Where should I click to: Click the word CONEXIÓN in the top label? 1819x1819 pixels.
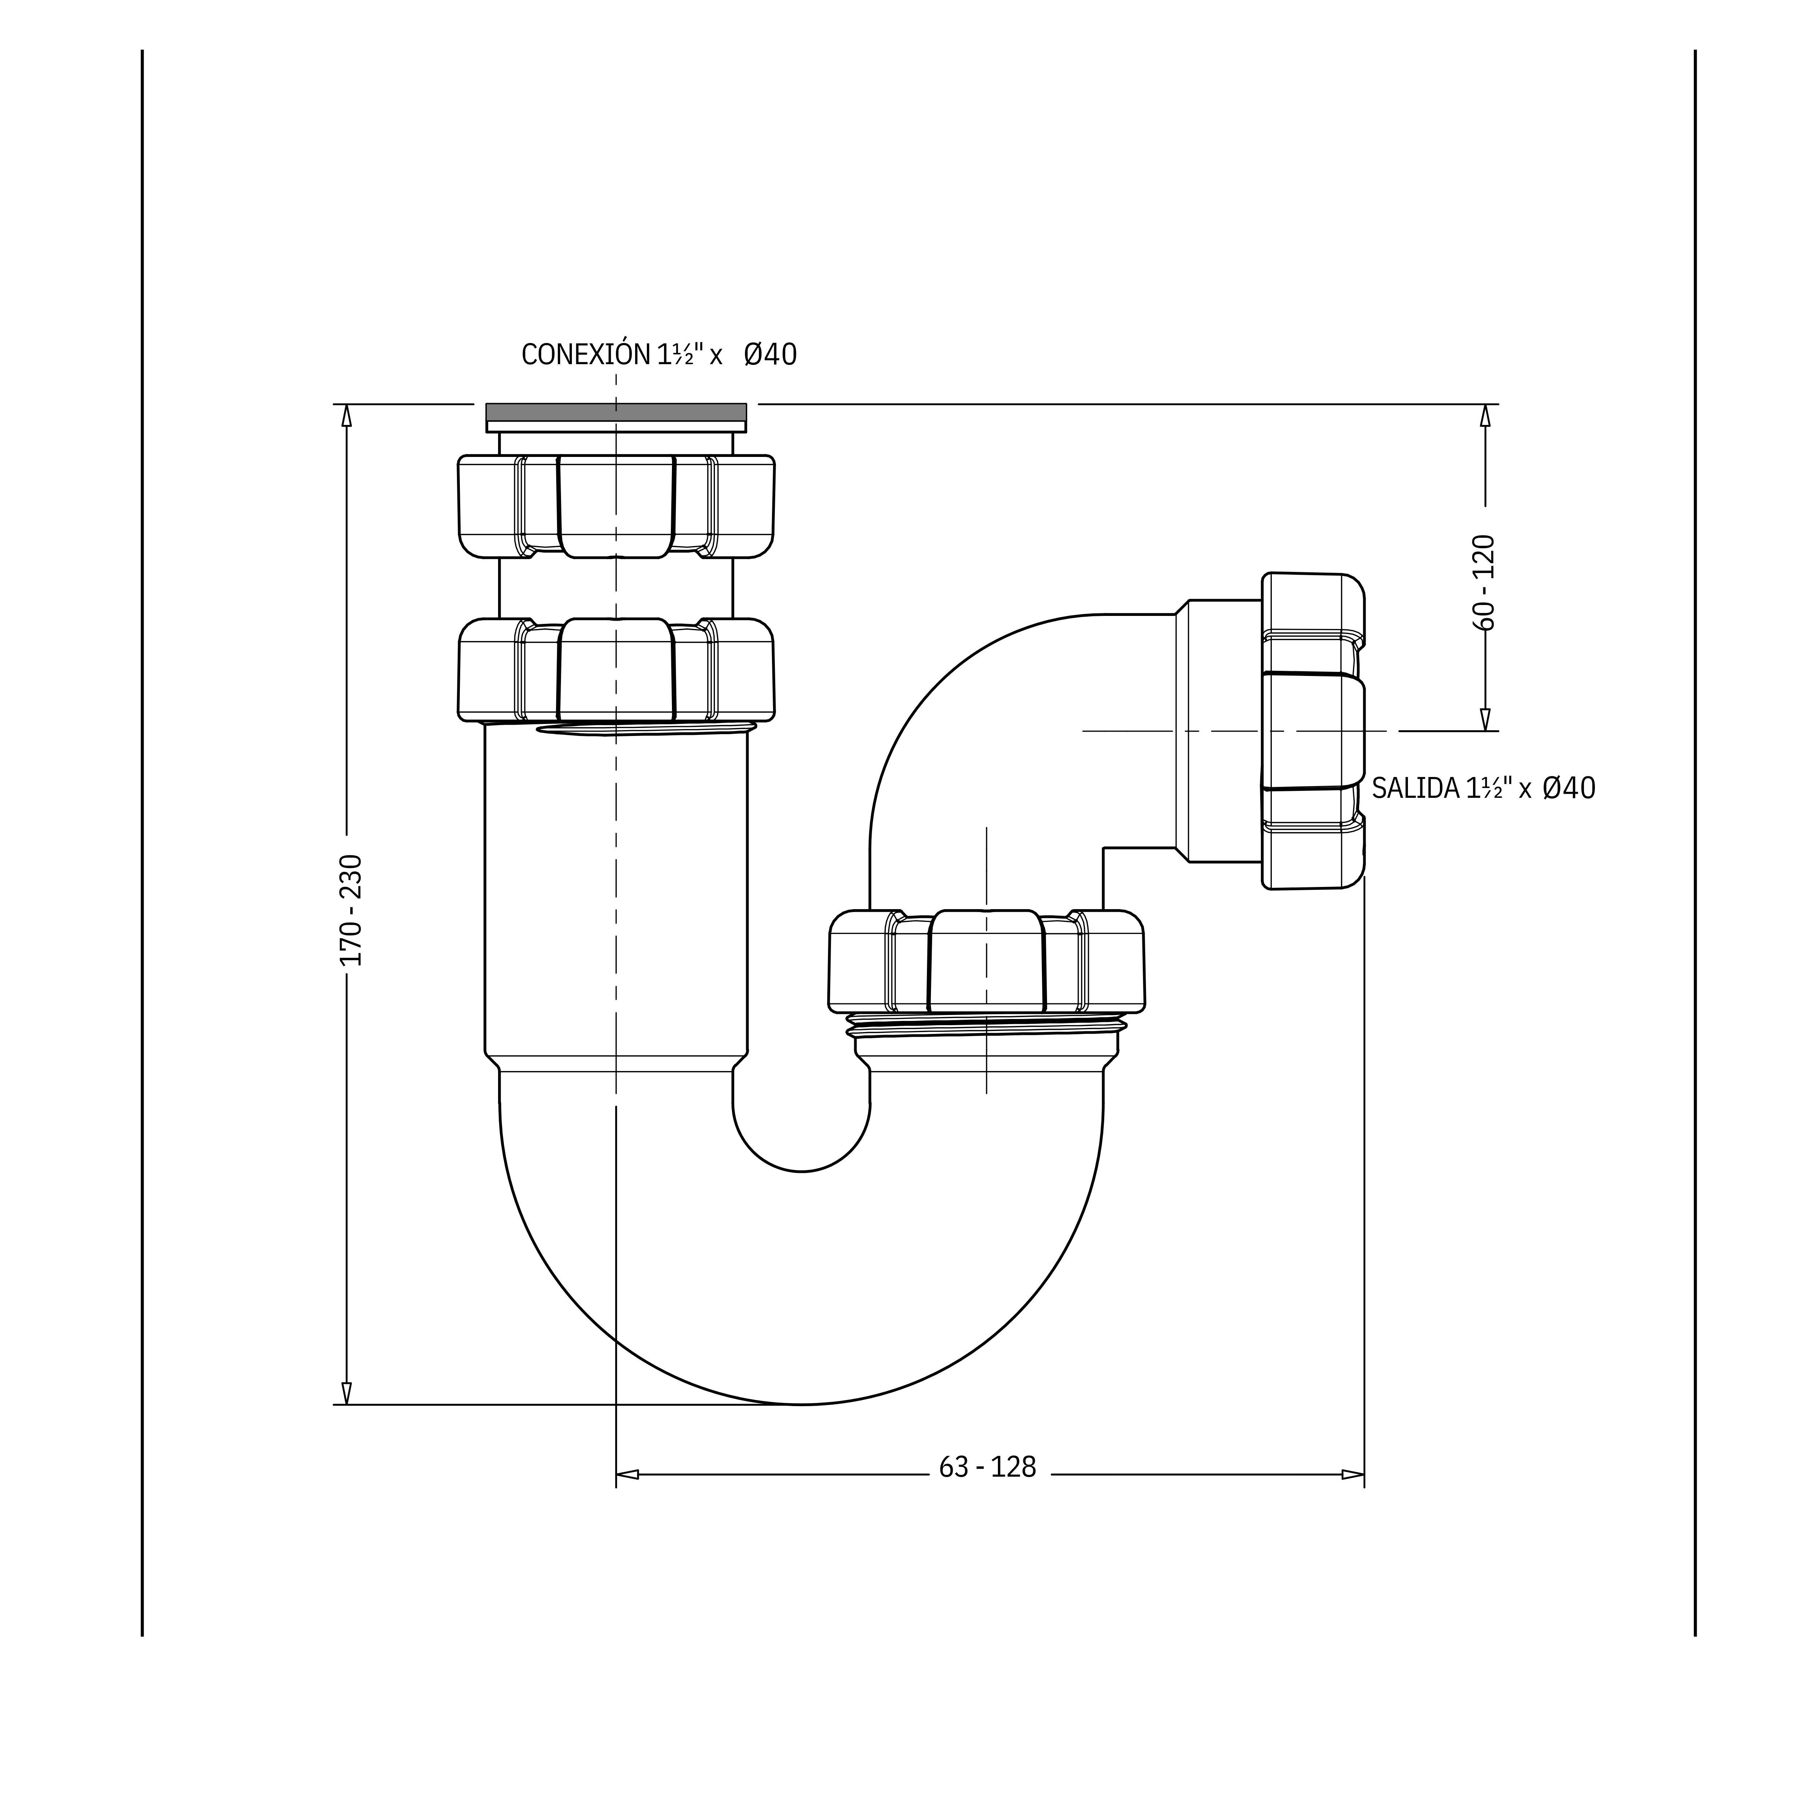point(586,355)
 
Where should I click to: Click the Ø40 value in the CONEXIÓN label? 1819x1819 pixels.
point(770,355)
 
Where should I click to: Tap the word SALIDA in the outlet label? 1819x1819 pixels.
point(1415,788)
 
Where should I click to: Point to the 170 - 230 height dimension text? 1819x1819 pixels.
point(350,909)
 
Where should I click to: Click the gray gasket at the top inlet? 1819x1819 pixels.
point(616,413)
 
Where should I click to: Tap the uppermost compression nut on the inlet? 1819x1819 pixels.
point(616,506)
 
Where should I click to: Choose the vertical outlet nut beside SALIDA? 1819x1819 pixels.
point(1313,731)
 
